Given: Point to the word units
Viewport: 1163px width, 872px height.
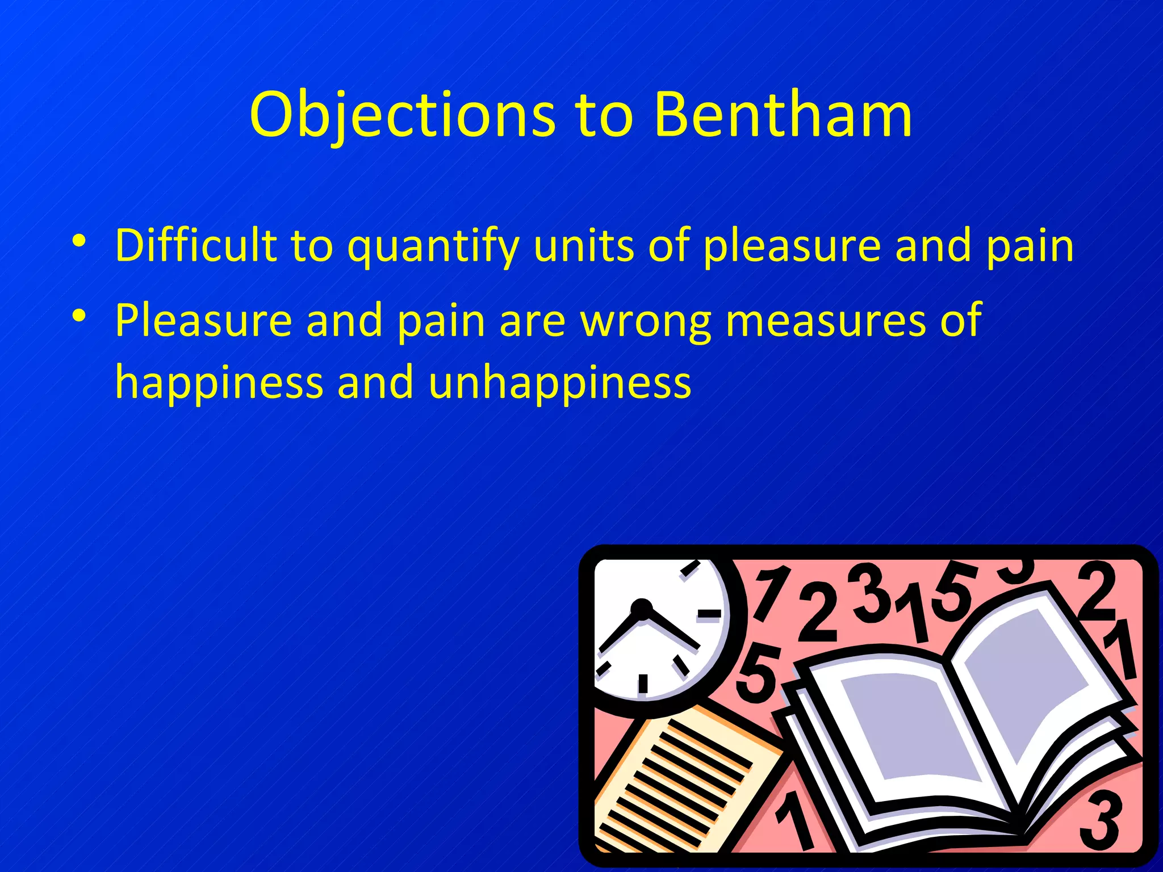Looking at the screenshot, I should (x=584, y=245).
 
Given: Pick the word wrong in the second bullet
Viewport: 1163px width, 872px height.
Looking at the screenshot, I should (x=645, y=321).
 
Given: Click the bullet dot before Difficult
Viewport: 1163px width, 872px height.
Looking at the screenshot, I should (x=79, y=241).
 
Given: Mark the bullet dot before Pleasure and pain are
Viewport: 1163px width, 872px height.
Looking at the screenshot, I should (x=79, y=315).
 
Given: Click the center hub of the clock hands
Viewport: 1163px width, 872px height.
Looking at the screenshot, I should (x=642, y=609).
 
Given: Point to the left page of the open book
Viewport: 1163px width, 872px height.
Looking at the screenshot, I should (x=903, y=732).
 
